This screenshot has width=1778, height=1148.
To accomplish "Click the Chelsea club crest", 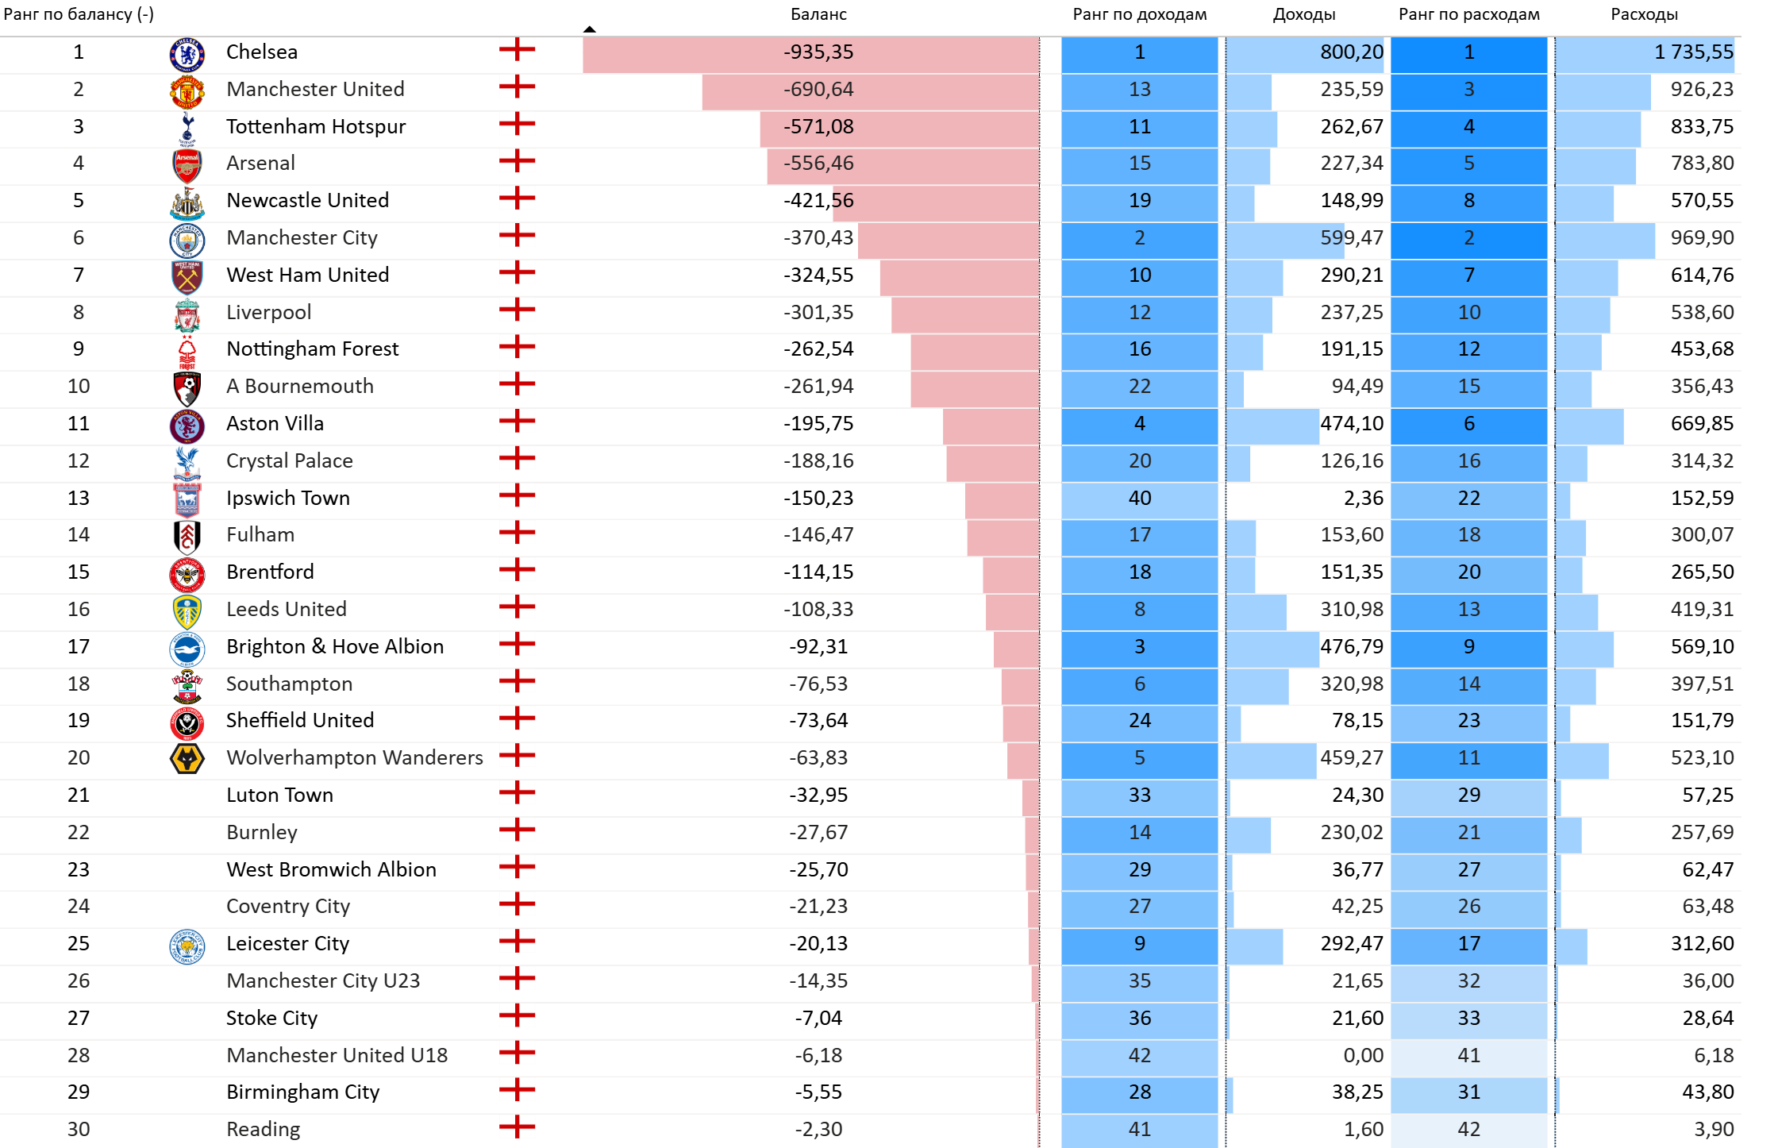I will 187,54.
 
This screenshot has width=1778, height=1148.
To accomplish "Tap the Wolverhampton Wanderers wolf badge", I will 187,759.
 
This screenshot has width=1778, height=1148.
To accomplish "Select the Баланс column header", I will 818,14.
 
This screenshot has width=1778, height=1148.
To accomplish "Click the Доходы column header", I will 1304,14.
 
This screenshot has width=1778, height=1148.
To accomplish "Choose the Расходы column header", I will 1644,14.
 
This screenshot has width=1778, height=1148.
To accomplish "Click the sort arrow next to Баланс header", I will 589,29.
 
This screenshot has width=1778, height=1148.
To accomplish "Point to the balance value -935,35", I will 818,52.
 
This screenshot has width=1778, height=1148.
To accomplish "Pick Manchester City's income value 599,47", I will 1351,238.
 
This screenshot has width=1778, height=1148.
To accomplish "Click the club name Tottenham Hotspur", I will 315,127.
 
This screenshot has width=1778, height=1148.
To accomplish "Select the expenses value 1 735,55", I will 1693,52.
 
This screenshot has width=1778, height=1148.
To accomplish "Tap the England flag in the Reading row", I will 517,1127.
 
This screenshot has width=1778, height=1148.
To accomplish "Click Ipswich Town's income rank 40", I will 1139,499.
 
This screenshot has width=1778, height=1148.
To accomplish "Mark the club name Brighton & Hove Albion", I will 334,647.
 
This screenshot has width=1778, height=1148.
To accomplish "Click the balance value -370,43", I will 818,238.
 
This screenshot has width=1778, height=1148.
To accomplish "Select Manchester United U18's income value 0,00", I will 1363,1056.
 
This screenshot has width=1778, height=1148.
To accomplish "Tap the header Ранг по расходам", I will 1468,14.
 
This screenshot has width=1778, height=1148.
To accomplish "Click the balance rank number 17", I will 79,647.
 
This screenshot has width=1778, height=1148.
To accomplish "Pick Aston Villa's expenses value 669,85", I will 1702,424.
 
